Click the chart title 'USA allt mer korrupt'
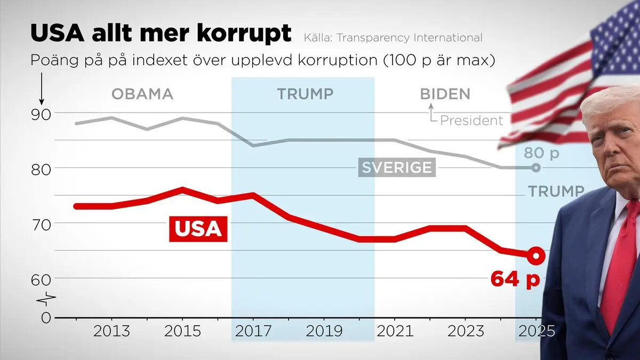click(161, 34)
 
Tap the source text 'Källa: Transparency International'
click(393, 38)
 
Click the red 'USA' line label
click(198, 228)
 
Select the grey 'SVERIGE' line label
click(397, 167)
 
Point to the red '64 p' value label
click(515, 279)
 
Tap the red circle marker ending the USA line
click(536, 256)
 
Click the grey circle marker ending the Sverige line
click(536, 168)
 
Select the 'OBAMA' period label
click(142, 95)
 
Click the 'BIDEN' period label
click(445, 95)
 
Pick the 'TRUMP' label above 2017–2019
click(305, 95)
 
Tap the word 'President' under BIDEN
click(471, 121)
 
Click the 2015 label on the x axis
click(182, 331)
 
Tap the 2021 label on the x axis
click(395, 331)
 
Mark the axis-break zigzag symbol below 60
click(46, 298)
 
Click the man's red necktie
click(620, 267)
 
